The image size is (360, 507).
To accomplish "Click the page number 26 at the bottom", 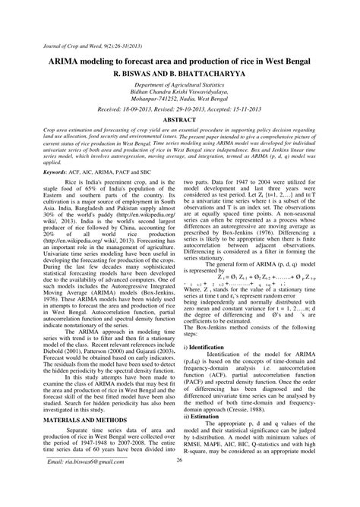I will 180,483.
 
